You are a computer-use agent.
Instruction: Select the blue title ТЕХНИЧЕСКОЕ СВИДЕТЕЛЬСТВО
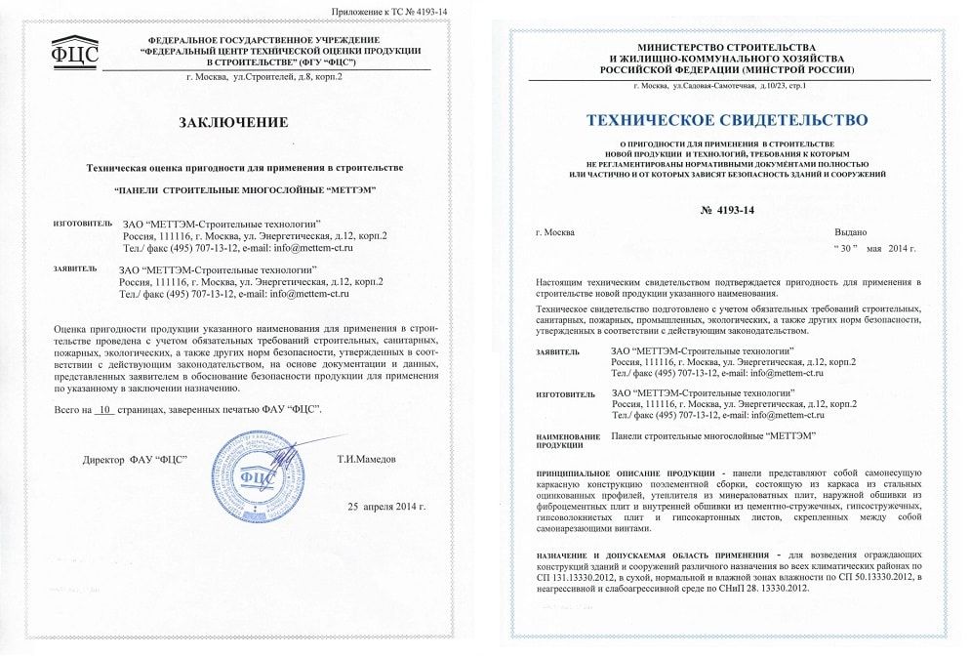click(x=726, y=120)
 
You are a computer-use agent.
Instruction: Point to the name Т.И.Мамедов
click(x=367, y=458)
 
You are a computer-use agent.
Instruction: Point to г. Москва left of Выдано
click(x=555, y=232)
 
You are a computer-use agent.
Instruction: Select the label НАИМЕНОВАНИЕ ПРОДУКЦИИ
click(x=566, y=440)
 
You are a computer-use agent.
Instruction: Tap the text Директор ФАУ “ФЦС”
click(x=136, y=458)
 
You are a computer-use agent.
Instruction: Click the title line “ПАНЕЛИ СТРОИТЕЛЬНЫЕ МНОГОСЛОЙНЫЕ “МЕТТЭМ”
click(x=244, y=188)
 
